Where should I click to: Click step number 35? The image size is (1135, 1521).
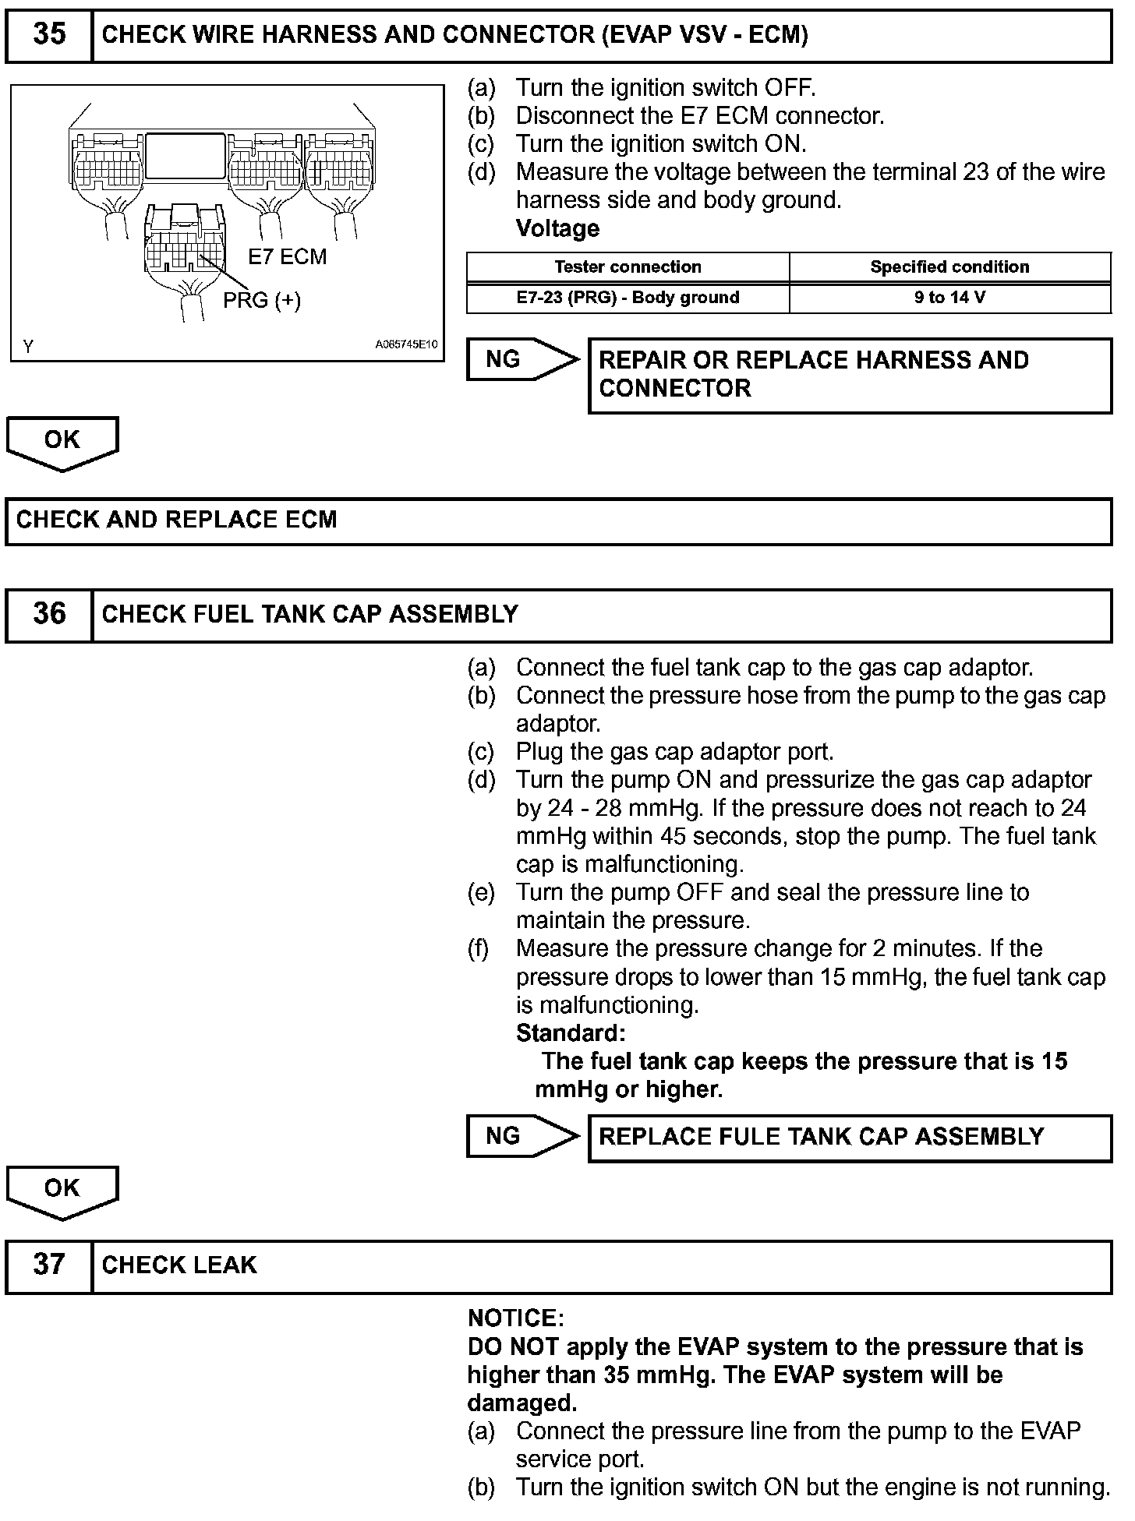pyautogui.click(x=49, y=35)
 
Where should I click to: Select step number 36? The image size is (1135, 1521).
pyautogui.click(x=49, y=615)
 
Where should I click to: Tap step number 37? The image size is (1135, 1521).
pyautogui.click(x=49, y=1264)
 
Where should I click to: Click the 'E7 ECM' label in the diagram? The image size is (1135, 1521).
pyautogui.click(x=287, y=257)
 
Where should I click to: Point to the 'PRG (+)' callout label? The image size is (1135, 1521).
pyautogui.click(x=262, y=300)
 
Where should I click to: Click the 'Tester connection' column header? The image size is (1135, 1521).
pyautogui.click(x=628, y=267)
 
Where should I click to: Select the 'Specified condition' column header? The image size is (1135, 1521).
pyautogui.click(x=949, y=267)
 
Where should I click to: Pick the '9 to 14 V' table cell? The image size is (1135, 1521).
pyautogui.click(x=949, y=298)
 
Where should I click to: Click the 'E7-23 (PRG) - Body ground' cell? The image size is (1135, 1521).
pyautogui.click(x=628, y=298)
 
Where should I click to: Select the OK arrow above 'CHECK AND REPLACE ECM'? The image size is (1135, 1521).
pyautogui.click(x=62, y=442)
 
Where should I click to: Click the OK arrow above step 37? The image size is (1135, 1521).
pyautogui.click(x=62, y=1190)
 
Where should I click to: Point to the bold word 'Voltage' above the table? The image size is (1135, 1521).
pyautogui.click(x=557, y=229)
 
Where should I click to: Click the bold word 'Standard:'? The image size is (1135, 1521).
pyautogui.click(x=571, y=1033)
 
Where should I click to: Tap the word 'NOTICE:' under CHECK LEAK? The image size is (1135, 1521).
pyautogui.click(x=515, y=1318)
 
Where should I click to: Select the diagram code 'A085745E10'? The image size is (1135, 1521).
pyautogui.click(x=406, y=344)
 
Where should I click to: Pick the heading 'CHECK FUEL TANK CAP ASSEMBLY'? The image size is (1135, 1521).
pyautogui.click(x=310, y=615)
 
